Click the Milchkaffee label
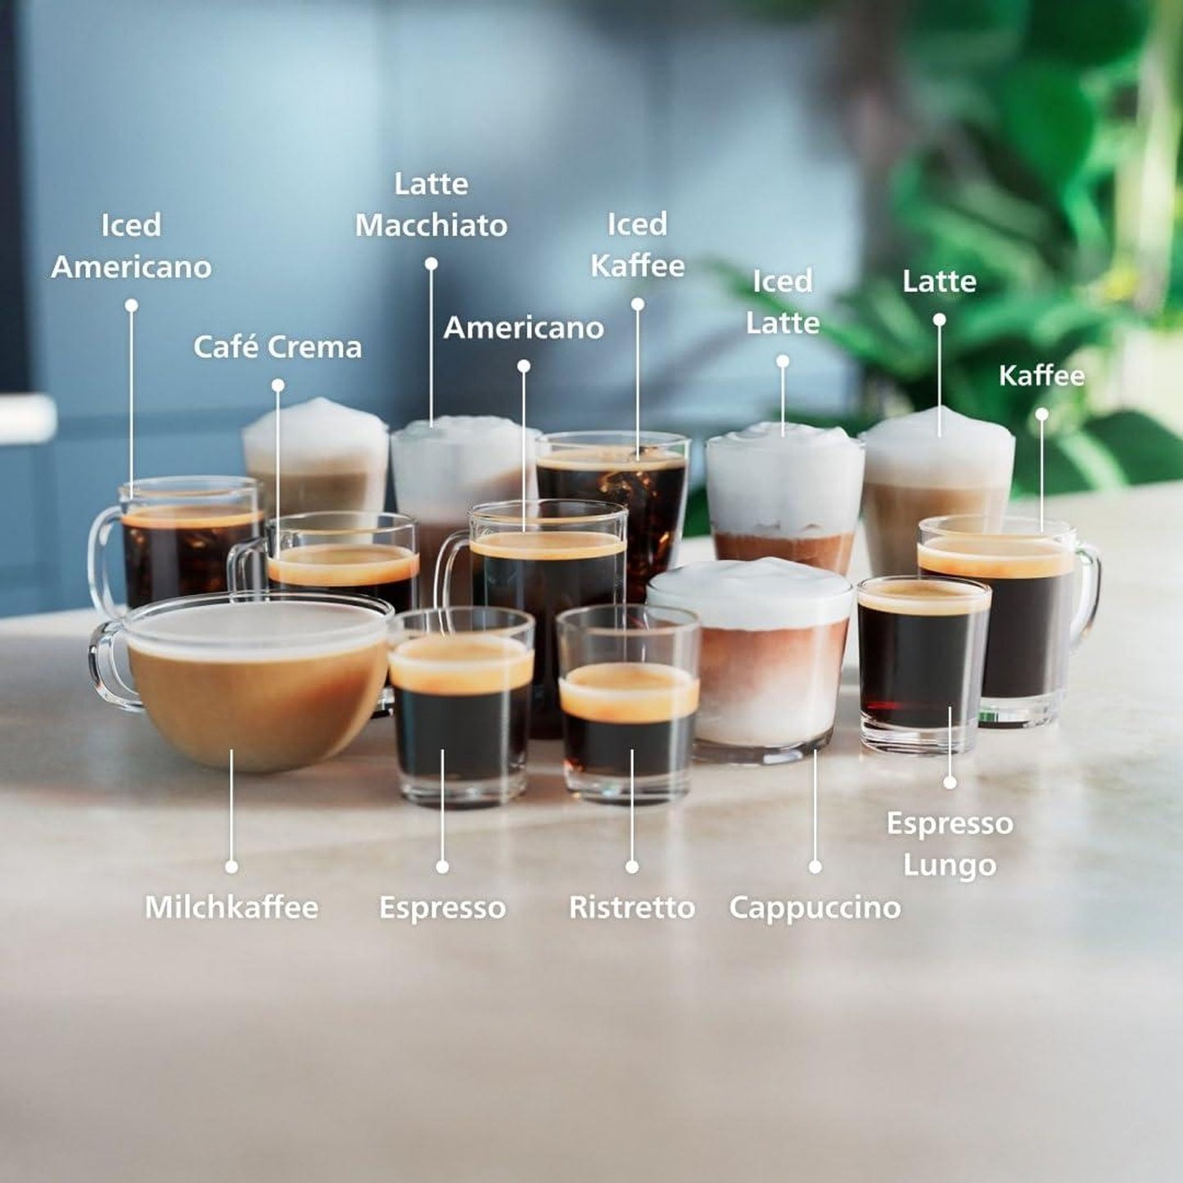point(232,907)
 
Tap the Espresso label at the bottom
point(442,907)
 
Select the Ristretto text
point(631,907)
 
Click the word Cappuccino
point(815,907)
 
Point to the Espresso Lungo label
point(950,843)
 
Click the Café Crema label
point(278,347)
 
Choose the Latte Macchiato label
point(431,205)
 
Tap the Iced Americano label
point(131,246)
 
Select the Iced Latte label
point(783,301)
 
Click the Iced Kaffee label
point(637,245)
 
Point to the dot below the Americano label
point(524,367)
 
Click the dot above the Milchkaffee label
point(232,866)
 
